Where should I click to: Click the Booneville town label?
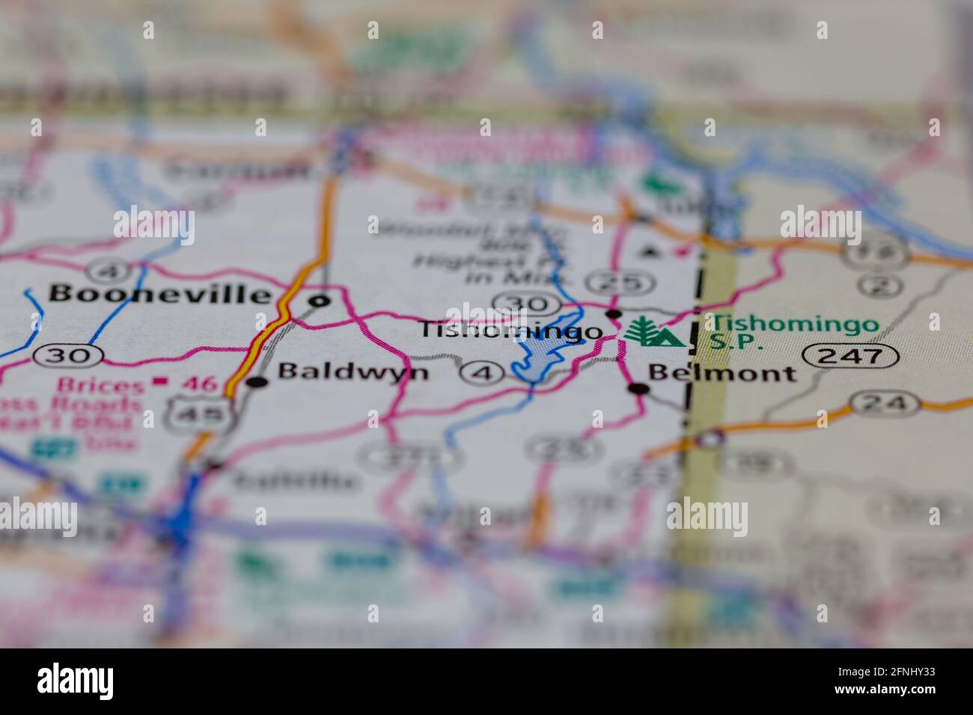click(160, 294)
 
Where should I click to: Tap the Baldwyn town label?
click(353, 372)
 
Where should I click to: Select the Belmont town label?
click(722, 372)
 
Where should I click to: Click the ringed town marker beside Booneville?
click(320, 301)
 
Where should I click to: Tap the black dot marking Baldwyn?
click(258, 382)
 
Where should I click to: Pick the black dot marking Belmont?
click(638, 388)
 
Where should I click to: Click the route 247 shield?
click(850, 355)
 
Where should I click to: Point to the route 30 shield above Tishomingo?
click(527, 304)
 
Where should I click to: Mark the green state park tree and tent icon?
click(653, 333)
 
